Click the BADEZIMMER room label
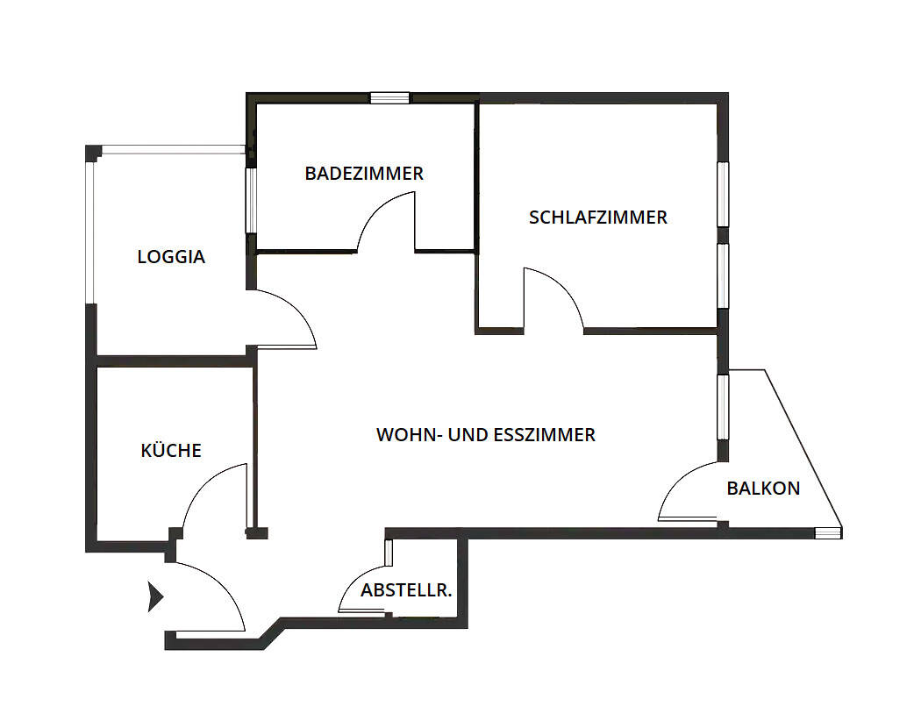pyautogui.click(x=364, y=174)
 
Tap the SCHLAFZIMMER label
pyautogui.click(x=598, y=218)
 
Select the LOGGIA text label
pyautogui.click(x=171, y=257)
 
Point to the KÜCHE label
pyautogui.click(x=171, y=451)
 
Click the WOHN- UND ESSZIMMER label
pyautogui.click(x=486, y=434)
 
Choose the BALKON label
pyautogui.click(x=763, y=489)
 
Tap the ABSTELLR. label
pyautogui.click(x=406, y=590)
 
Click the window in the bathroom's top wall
pyautogui.click(x=389, y=98)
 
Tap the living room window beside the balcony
pyautogui.click(x=723, y=407)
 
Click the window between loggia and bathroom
pyautogui.click(x=250, y=200)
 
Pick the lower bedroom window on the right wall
pyautogui.click(x=723, y=275)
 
